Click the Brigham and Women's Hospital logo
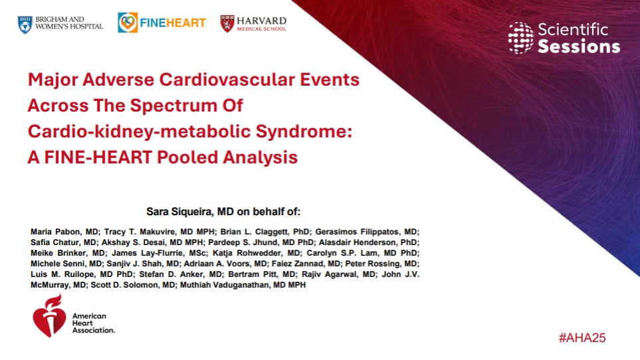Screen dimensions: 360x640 pos(60,23)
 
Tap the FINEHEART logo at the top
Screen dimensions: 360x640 pos(162,23)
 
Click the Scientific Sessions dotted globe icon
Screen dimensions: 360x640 pos(520,38)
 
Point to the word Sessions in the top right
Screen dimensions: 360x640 pos(578,46)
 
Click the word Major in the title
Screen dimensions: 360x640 pos(54,80)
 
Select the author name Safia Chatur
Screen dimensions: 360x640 pos(56,242)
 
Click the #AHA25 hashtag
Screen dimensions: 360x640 pos(582,338)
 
